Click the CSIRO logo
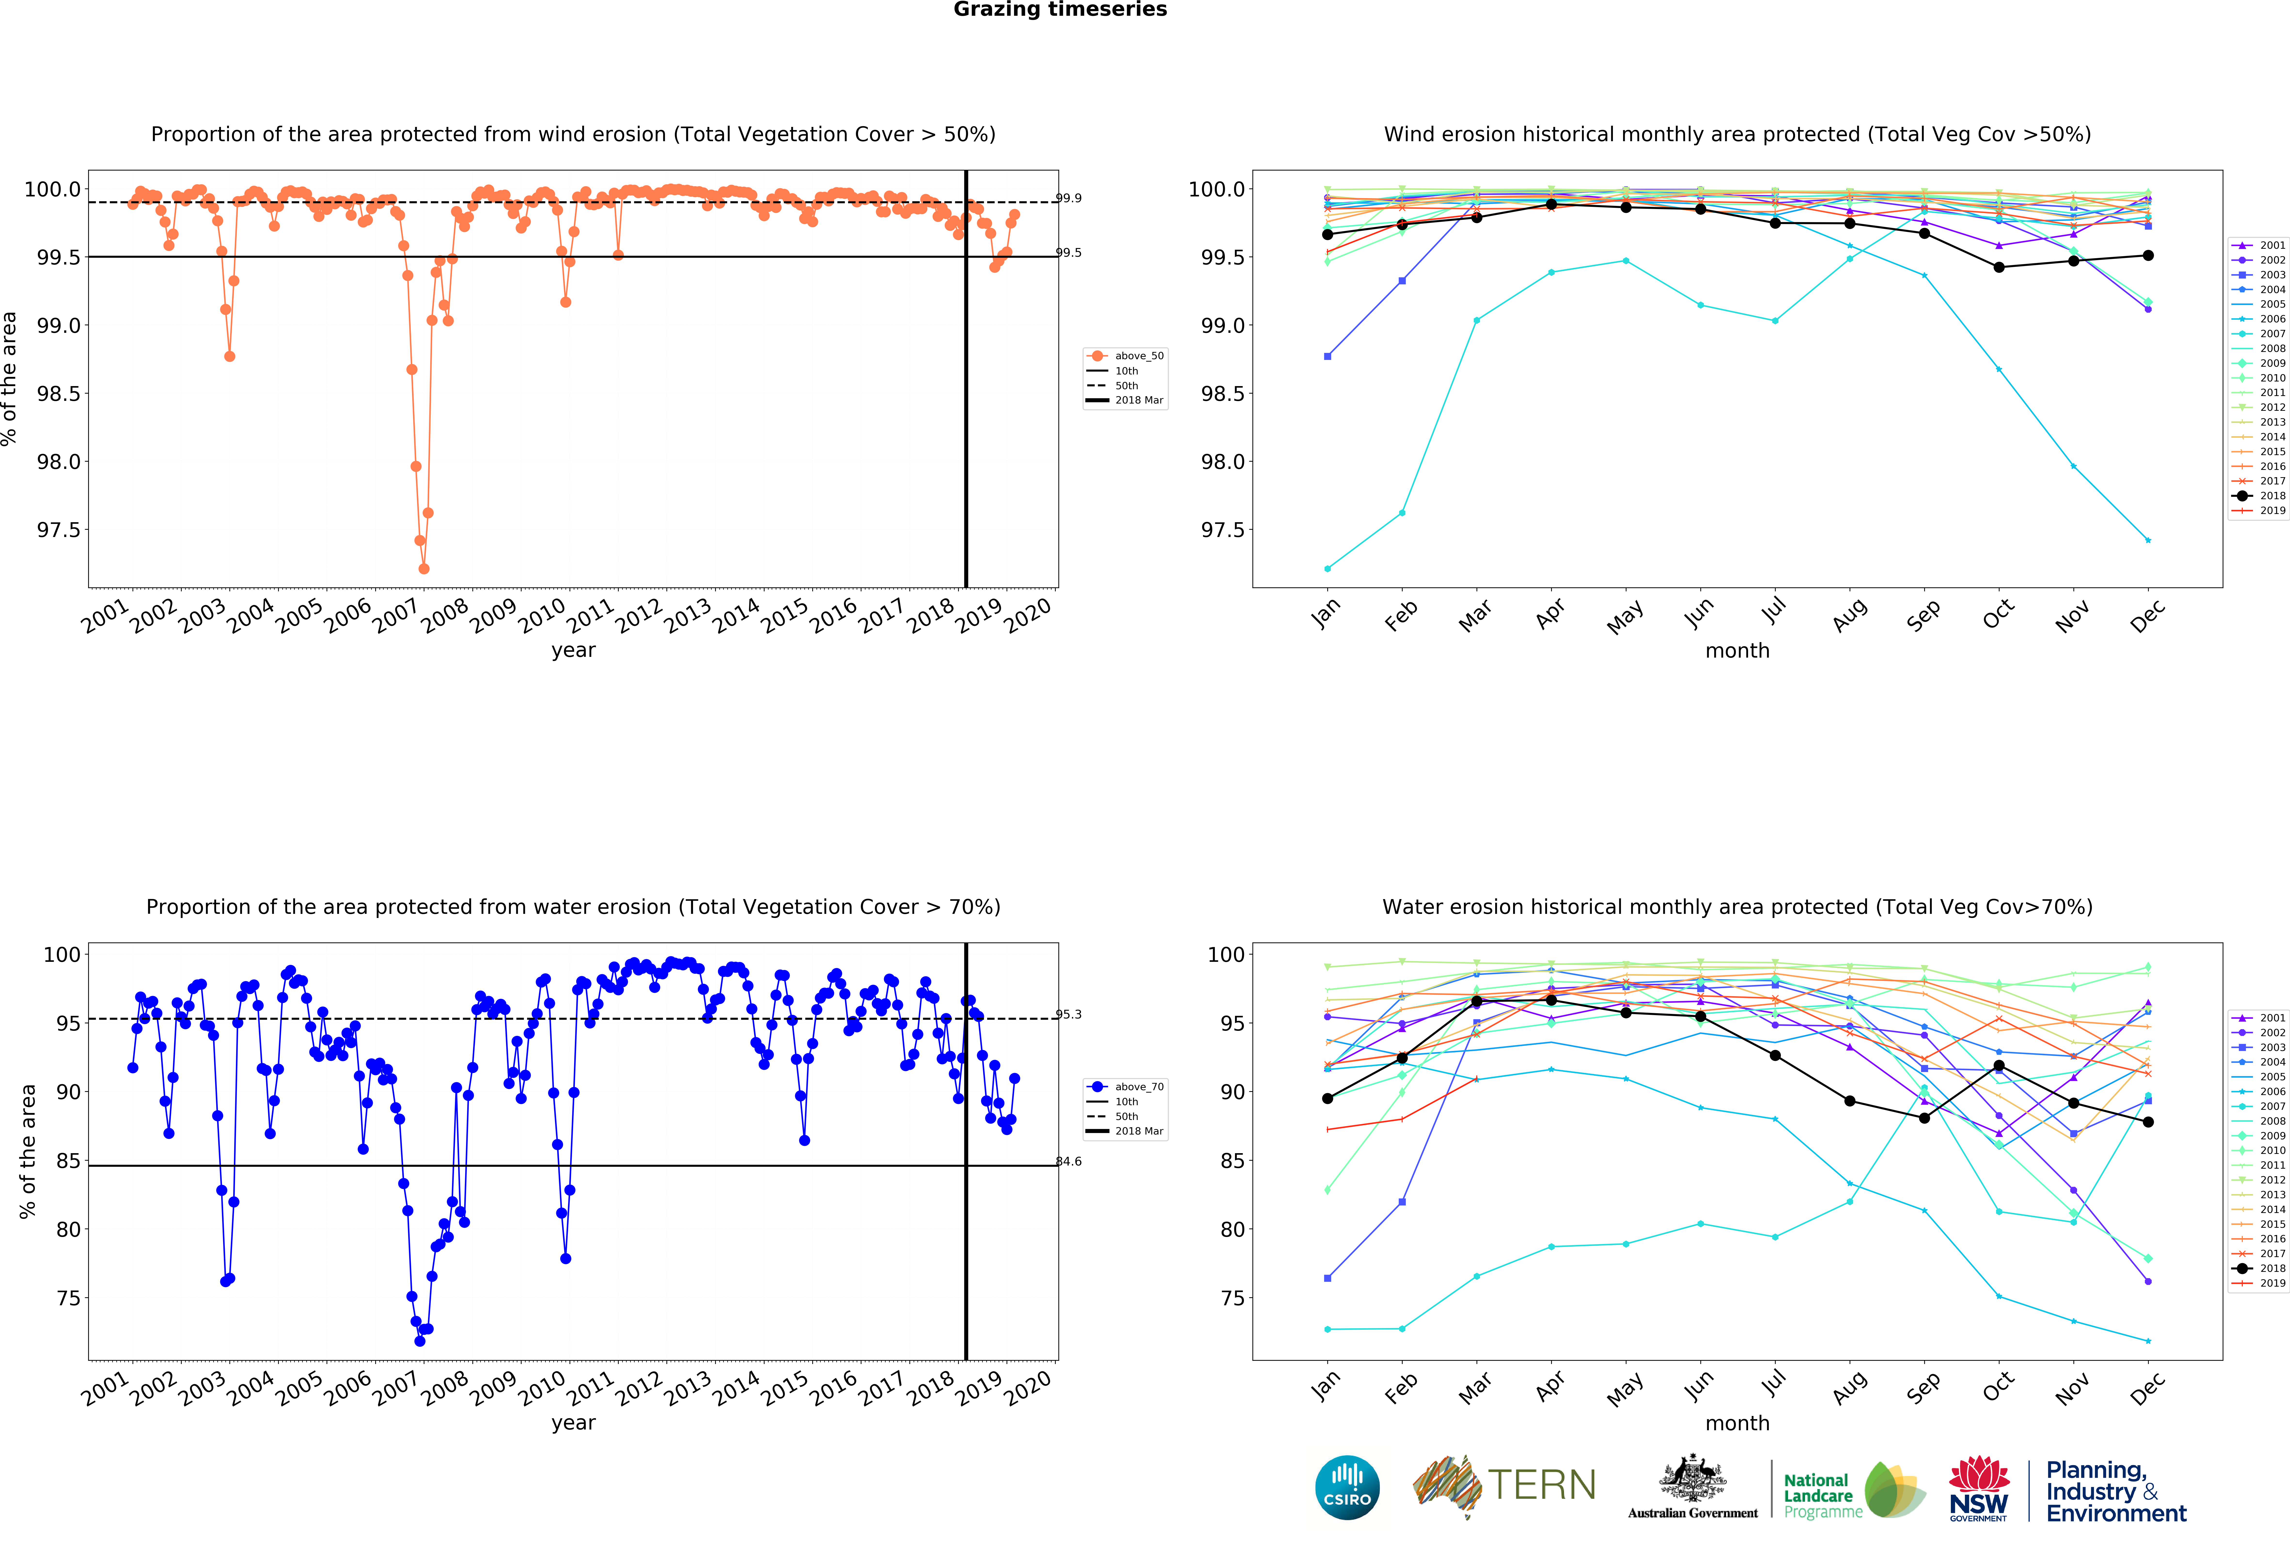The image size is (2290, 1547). click(1347, 1487)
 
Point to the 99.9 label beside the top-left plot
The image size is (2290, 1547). click(1068, 198)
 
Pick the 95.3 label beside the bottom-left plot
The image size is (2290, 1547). click(1068, 1014)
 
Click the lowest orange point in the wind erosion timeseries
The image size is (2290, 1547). click(424, 568)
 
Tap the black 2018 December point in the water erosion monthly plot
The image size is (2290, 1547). click(2148, 1122)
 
